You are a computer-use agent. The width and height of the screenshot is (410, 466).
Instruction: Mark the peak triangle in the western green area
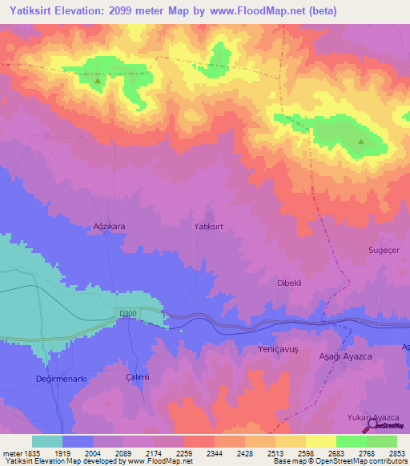pyautogui.click(x=98, y=80)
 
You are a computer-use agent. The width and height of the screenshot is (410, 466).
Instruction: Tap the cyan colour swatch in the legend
pyautogui.click(x=47, y=441)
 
